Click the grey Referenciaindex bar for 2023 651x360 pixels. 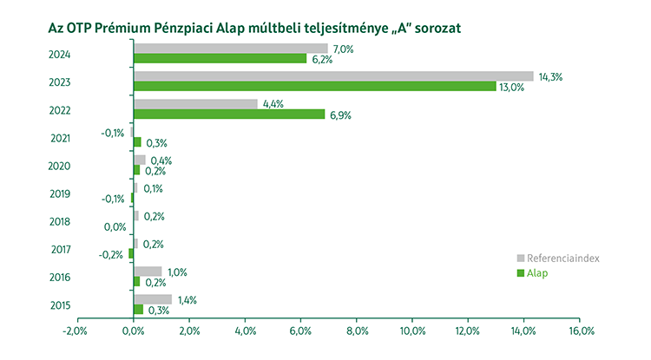tap(332, 76)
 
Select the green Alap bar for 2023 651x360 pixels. tap(314, 87)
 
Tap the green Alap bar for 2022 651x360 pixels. tap(229, 115)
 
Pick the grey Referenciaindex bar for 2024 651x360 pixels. tap(231, 49)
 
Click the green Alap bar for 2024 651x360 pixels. tap(220, 59)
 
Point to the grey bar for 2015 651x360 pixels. tap(153, 298)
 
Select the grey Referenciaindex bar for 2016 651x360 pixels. tap(148, 271)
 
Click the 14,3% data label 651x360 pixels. tap(550, 76)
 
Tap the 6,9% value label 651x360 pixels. tap(339, 115)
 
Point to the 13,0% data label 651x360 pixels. tap(510, 88)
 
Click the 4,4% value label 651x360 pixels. tap(273, 104)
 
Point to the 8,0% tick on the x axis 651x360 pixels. tap(357, 331)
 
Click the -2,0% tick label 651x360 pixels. tap(76, 331)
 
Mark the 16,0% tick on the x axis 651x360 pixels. tap(581, 331)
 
